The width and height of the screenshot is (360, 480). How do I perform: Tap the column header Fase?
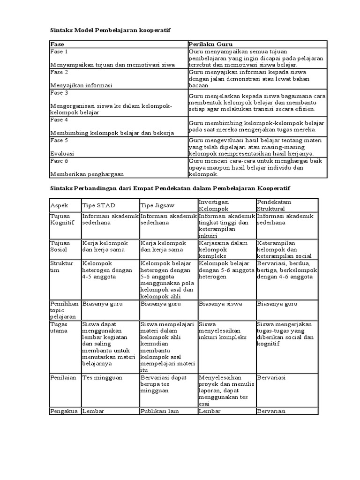click(x=57, y=44)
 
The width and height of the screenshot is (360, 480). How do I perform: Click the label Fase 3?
click(x=59, y=93)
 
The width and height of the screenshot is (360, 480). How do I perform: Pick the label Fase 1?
click(x=59, y=52)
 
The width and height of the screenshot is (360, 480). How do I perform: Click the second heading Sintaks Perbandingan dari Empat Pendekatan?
click(x=170, y=188)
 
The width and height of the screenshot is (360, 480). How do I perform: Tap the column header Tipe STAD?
click(x=98, y=206)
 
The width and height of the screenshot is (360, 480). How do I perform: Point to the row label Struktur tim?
click(x=61, y=267)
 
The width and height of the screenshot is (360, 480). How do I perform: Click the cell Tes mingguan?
click(x=102, y=377)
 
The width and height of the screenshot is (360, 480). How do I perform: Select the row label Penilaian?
click(x=63, y=377)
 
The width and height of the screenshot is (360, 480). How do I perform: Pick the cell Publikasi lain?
click(x=159, y=411)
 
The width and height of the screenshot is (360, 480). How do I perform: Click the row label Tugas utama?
click(x=59, y=327)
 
